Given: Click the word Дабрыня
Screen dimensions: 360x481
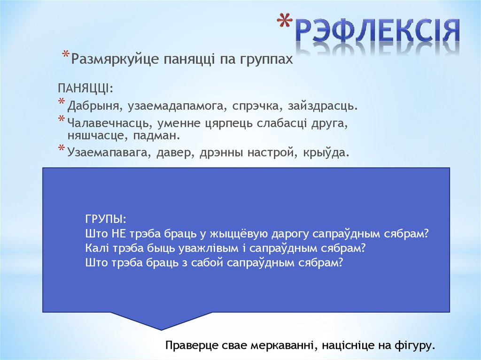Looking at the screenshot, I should pos(95,106).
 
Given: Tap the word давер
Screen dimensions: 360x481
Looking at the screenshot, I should pos(172,153).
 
